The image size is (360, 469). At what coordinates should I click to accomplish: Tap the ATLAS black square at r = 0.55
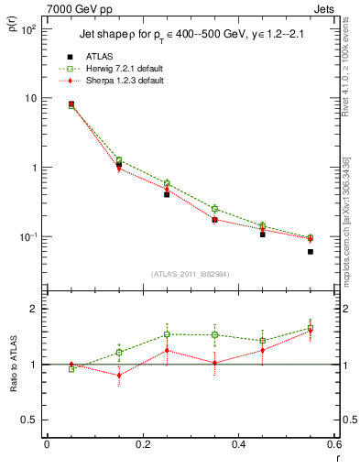click(x=311, y=251)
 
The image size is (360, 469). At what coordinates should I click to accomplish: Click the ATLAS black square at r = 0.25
click(x=167, y=194)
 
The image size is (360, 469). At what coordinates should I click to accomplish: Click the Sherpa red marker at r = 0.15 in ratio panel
click(x=119, y=376)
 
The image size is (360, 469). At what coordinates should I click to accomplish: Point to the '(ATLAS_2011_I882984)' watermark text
click(x=191, y=274)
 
